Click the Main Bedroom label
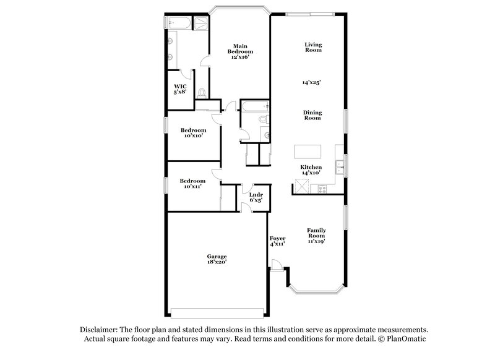241,51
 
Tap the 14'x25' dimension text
311,82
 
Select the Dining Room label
312,115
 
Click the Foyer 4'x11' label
277,241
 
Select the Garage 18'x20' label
217,259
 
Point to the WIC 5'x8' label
180,89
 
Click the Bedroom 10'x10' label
193,133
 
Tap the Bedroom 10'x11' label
192,183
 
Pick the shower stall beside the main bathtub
202,23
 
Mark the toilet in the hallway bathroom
262,119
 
